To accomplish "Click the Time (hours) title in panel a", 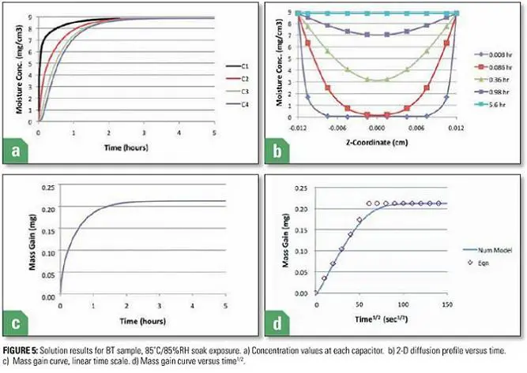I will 131,146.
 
